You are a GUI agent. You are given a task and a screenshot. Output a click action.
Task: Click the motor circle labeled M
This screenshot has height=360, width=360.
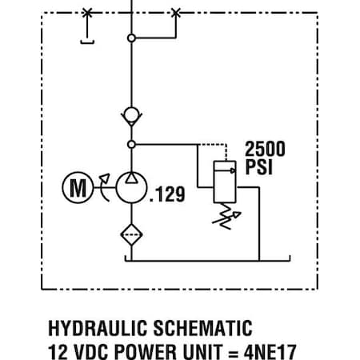77,190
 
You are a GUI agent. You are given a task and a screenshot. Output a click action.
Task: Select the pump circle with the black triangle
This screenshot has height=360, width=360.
130,190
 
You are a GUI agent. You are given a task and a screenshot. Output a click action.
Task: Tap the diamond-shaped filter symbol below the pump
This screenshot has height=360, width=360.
130,234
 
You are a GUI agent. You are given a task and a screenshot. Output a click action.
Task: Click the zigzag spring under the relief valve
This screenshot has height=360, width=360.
227,212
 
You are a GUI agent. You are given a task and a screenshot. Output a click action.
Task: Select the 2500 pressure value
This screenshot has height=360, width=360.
265,149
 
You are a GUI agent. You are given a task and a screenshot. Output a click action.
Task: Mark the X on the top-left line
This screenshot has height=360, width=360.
86,13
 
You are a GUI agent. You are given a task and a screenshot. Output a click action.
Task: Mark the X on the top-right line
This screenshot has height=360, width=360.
176,13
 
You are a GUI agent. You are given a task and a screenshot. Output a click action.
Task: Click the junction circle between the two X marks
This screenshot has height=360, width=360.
130,38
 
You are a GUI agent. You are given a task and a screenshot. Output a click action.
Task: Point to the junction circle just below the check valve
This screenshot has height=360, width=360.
130,145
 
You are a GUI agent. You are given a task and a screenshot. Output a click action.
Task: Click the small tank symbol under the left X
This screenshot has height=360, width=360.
87,41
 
